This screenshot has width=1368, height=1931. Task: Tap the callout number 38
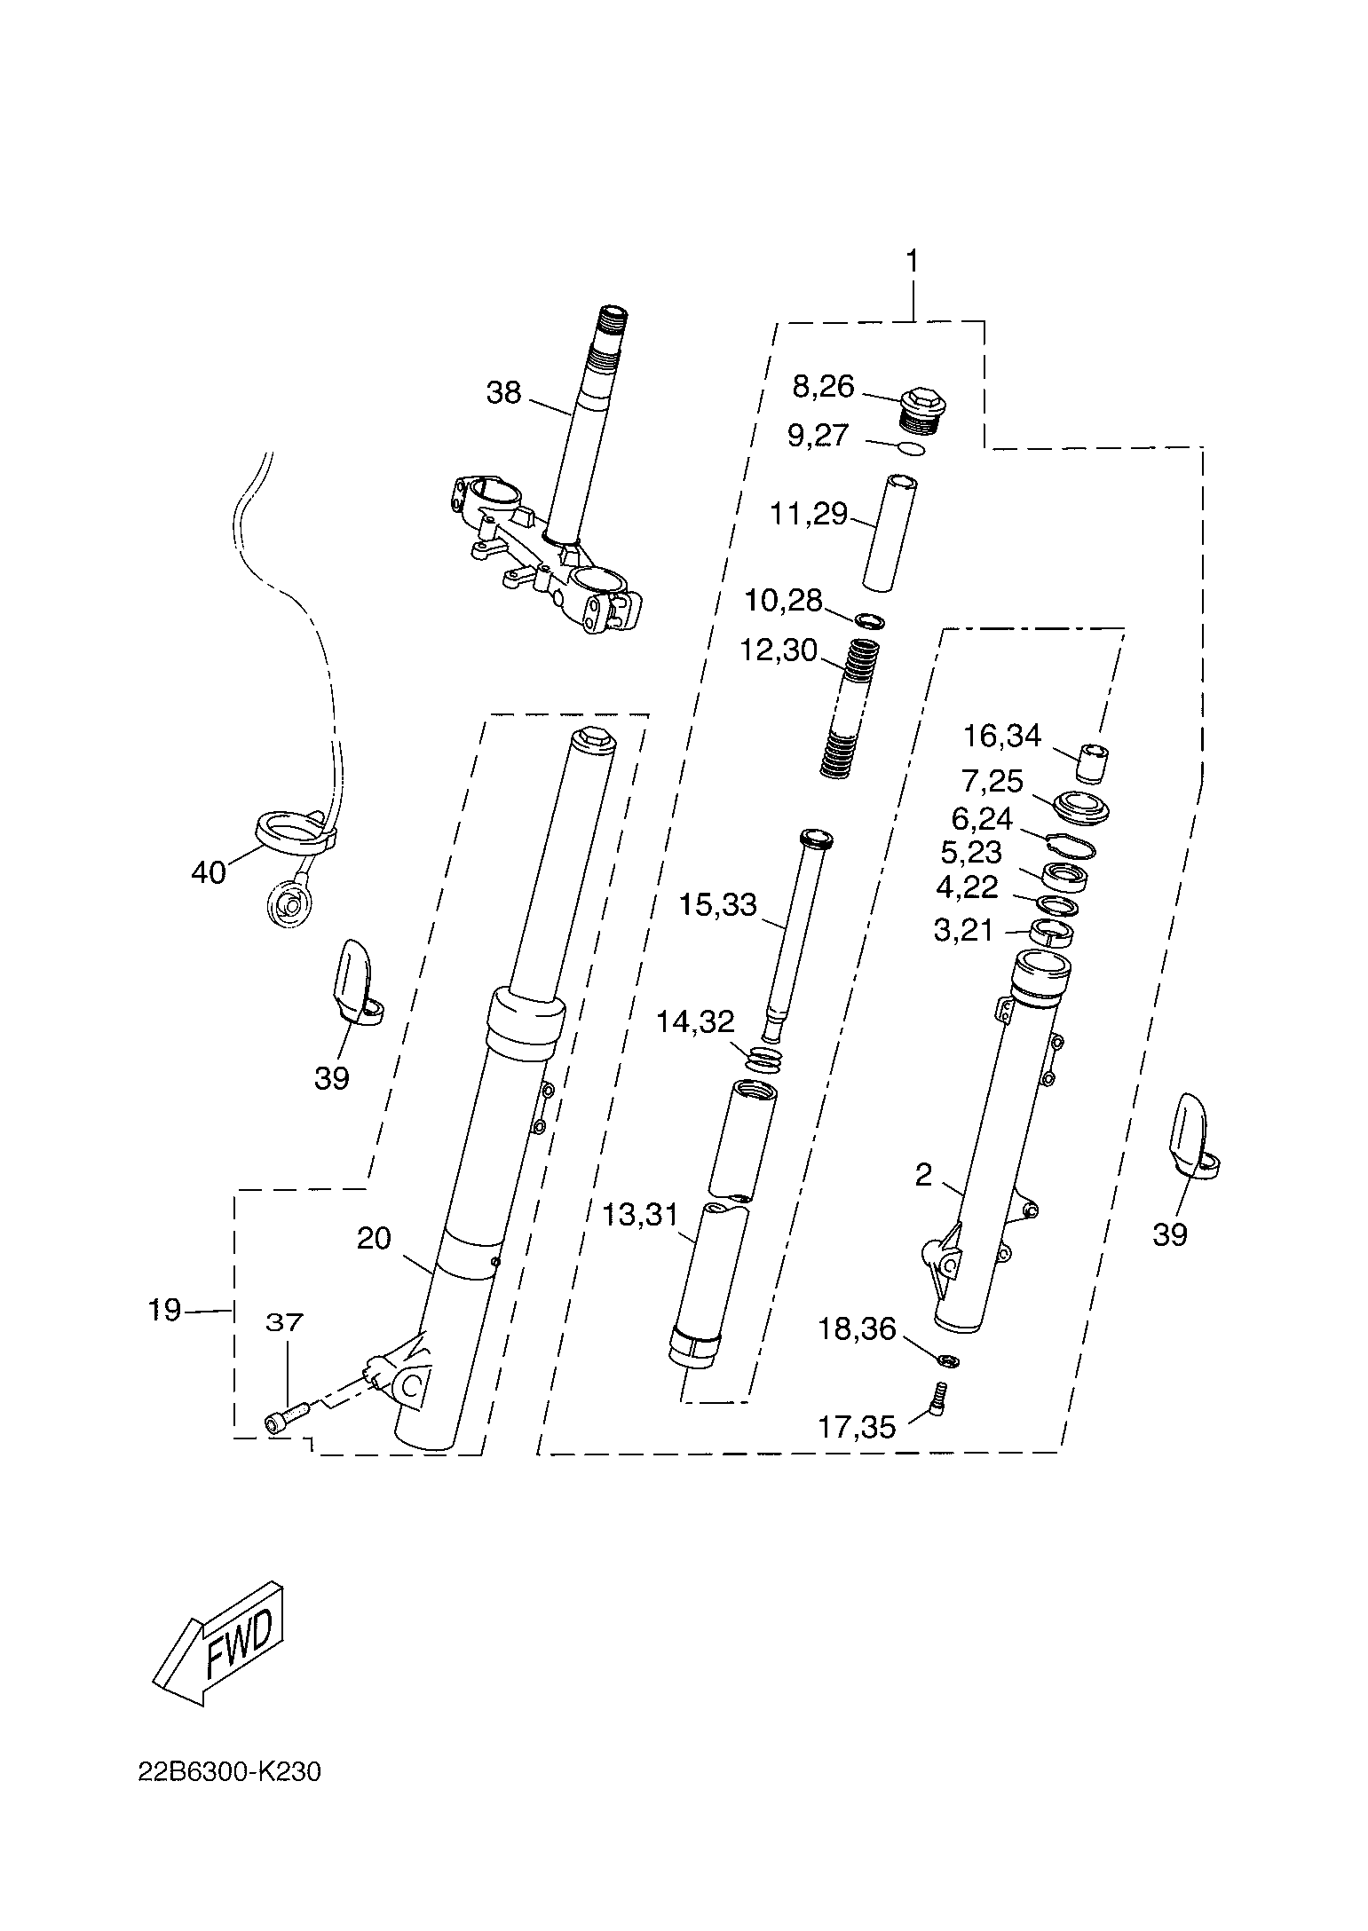coord(503,392)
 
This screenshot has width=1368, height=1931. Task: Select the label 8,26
coord(823,386)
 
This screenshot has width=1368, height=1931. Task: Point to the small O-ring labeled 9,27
coord(911,448)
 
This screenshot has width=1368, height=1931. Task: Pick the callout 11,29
coord(809,514)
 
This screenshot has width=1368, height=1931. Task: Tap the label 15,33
coord(717,904)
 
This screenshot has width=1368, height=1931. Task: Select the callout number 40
coord(209,872)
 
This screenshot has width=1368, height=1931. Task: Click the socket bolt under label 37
coord(286,1423)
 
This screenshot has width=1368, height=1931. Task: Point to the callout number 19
coord(164,1309)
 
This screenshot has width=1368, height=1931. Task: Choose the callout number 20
coord(374,1237)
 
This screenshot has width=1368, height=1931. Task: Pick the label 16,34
coord(1002,736)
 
